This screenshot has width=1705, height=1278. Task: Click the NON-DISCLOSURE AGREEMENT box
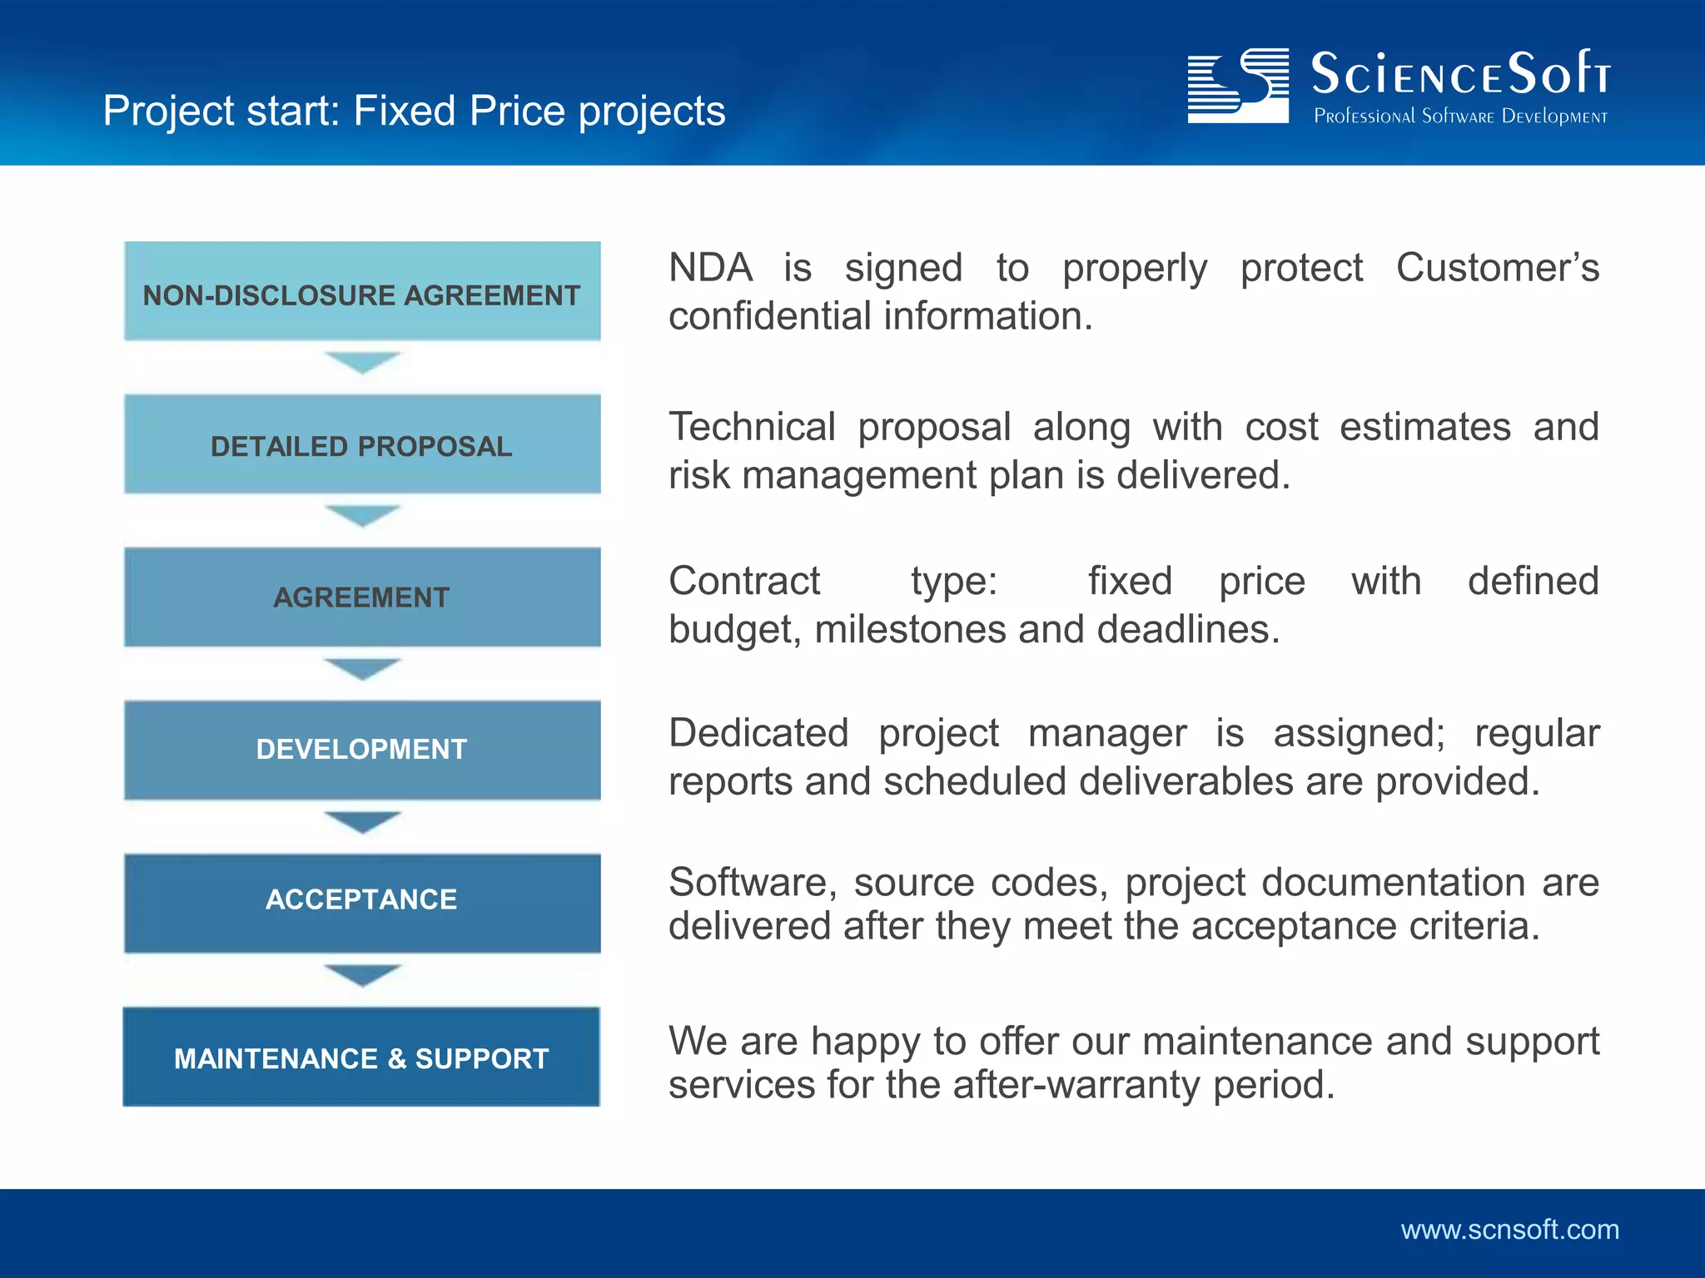(362, 292)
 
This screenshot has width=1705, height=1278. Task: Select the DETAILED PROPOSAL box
(362, 444)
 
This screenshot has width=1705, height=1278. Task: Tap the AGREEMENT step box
(362, 597)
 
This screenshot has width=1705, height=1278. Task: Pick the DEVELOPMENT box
(362, 749)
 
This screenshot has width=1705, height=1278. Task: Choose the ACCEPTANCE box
(362, 902)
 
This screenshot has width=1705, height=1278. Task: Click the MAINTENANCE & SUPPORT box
(361, 1057)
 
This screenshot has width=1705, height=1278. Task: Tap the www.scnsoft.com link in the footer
(1509, 1230)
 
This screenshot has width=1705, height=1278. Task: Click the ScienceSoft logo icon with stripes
(1237, 86)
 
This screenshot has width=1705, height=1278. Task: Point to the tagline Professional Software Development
(1460, 116)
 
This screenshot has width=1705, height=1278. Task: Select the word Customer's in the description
(1497, 268)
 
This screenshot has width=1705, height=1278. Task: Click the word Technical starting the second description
(752, 427)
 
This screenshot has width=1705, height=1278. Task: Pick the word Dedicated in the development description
(758, 733)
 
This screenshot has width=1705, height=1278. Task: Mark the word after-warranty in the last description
(1077, 1085)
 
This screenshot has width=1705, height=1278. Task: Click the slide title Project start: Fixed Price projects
(414, 111)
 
